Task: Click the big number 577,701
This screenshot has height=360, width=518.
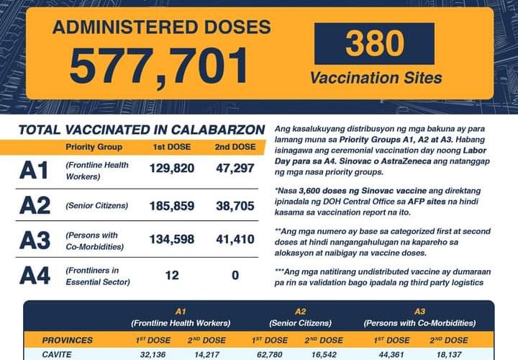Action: point(160,66)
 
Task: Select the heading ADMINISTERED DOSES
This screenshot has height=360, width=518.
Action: point(161,27)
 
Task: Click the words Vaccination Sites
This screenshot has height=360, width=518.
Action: point(376,78)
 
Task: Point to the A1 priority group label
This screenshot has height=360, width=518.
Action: point(34,171)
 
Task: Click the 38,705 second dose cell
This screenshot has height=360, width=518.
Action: point(234,205)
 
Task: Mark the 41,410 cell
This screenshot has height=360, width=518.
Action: point(234,240)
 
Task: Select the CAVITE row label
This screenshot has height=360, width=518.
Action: point(58,354)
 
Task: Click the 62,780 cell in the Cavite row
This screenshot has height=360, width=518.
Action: point(268,354)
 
